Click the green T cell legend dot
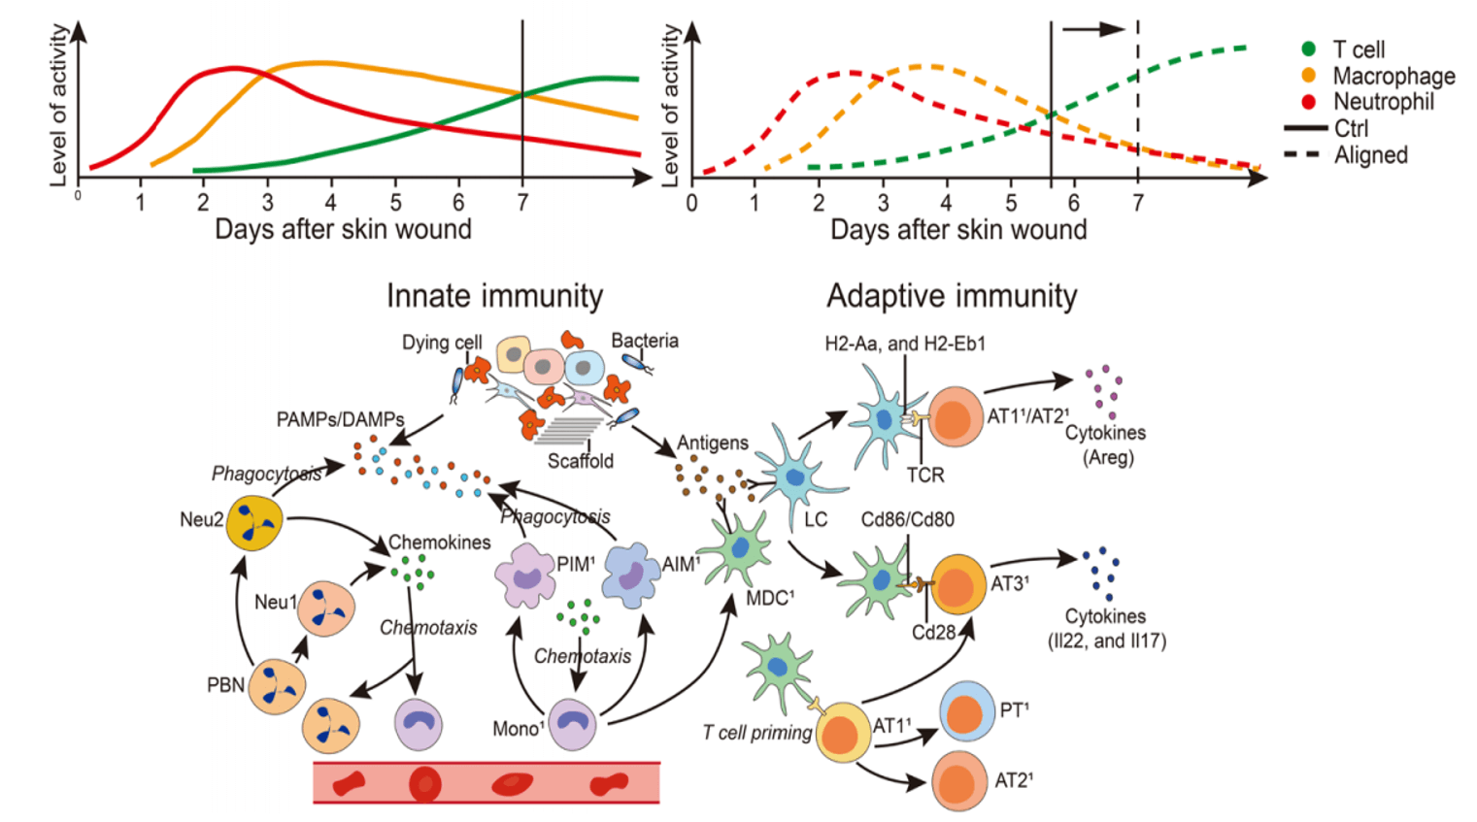point(1308,49)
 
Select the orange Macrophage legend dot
point(1308,75)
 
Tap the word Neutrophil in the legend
point(1383,102)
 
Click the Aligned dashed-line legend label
point(1370,155)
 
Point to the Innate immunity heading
point(494,296)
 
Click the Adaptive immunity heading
point(952,296)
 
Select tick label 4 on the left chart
point(330,203)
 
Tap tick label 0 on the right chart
point(691,204)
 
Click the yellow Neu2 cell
point(254,524)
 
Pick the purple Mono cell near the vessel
point(572,724)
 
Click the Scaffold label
point(580,461)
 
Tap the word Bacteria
point(645,341)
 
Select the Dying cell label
point(442,343)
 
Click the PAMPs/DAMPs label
point(340,419)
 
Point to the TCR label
point(925,475)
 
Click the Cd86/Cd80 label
point(907,519)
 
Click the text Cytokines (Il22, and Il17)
point(1105,628)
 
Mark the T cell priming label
point(756,733)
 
